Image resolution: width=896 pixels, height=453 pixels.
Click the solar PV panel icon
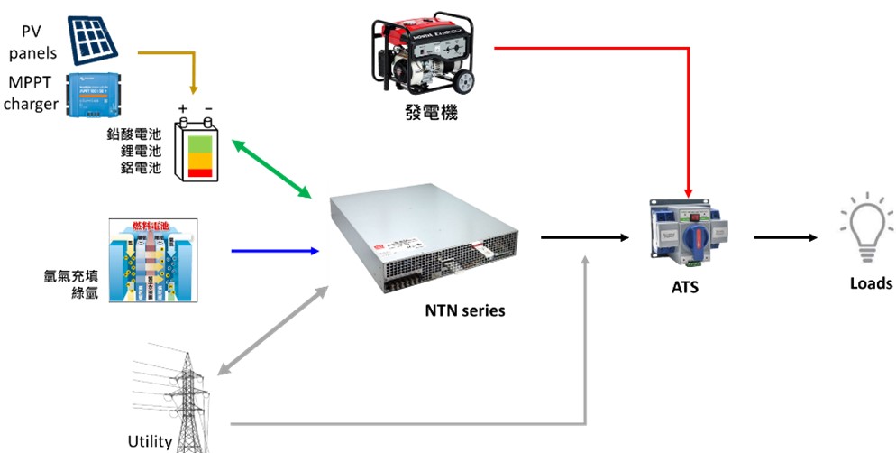coord(93,33)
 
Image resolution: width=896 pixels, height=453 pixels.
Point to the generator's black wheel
coord(462,83)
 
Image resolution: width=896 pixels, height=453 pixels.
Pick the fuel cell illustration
coord(152,260)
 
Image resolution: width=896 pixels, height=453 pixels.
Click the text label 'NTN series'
coord(465,311)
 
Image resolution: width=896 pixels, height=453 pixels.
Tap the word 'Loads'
coord(870,283)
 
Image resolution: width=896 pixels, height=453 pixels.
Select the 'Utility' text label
coord(150,441)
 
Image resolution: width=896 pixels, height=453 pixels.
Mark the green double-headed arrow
coord(271,169)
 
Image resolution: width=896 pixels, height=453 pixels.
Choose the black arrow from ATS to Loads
coord(785,238)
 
